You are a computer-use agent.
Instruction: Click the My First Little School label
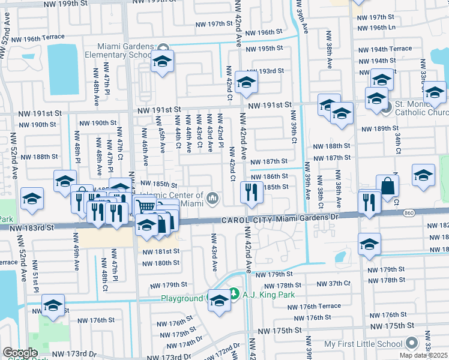point(363,344)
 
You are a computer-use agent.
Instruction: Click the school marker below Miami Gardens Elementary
point(162,62)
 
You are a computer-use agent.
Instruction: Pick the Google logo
point(20,353)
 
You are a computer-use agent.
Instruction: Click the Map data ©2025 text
point(424,355)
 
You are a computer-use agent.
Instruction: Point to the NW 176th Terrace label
point(314,307)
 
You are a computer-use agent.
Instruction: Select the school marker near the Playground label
point(219,301)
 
